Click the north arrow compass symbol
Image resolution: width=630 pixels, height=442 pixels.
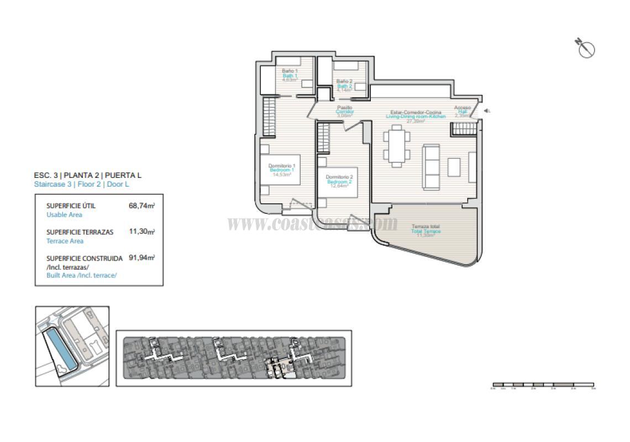tap(586, 49)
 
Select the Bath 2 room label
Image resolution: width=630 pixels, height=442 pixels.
tap(344, 86)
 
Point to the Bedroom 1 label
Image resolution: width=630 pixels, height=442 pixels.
tap(282, 170)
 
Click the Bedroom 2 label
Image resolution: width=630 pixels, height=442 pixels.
tap(339, 182)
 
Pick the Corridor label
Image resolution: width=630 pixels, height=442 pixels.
tap(344, 112)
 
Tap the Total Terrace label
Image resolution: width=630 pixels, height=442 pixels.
tap(426, 231)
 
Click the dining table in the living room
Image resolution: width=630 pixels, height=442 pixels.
tap(396, 145)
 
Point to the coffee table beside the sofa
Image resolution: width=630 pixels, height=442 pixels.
tap(454, 166)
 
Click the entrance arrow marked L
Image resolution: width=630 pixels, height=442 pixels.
tap(487, 111)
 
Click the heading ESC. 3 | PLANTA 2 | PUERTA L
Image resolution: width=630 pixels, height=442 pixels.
tap(88, 175)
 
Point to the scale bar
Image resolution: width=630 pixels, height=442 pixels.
tap(543, 384)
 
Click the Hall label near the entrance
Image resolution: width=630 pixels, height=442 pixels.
tap(463, 112)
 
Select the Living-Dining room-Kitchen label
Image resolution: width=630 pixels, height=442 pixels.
tap(416, 117)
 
